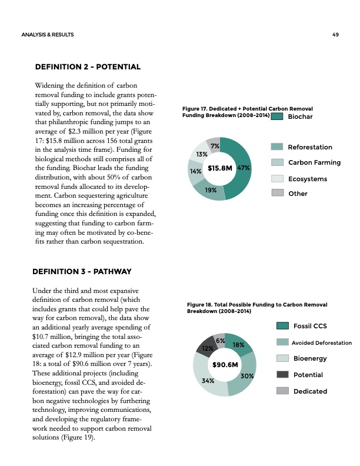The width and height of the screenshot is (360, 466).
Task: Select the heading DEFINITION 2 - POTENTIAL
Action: pos(88,68)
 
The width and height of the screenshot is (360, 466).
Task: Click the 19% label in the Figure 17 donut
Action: pos(211,190)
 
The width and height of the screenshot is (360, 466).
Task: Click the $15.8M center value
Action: pos(219,168)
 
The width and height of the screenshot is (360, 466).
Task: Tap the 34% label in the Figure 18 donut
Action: pos(207,381)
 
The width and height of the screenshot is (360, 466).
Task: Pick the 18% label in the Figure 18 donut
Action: pos(238,345)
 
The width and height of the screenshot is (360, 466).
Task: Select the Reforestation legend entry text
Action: pos(309,147)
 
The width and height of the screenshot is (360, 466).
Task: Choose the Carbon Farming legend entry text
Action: pos(314,163)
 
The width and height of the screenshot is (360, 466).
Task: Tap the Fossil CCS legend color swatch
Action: pos(282,326)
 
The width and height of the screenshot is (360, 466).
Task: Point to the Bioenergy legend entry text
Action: pos(310,358)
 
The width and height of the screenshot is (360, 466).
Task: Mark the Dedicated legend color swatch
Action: pos(282,391)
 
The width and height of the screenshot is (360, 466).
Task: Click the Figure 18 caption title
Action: pos(256,307)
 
